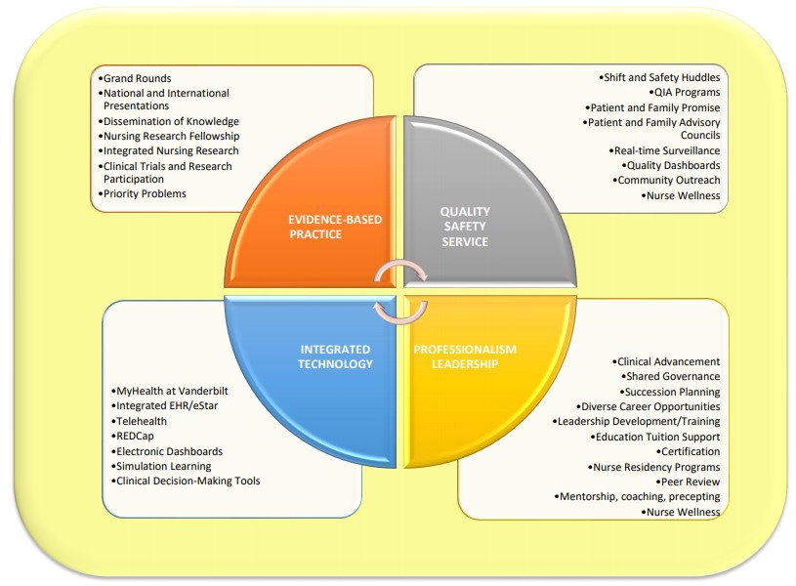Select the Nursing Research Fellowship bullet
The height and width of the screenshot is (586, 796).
[x=171, y=136]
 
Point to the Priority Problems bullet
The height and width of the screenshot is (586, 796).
[x=144, y=193]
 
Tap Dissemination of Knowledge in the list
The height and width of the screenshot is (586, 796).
[x=171, y=121]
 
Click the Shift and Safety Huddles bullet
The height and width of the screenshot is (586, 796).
[x=659, y=77]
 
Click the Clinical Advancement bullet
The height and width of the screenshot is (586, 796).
[x=668, y=361]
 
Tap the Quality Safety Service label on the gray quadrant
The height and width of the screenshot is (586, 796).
[x=465, y=227]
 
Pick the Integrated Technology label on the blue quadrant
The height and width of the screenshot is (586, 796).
[x=335, y=356]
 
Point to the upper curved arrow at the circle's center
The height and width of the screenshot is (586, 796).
[x=399, y=271]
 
